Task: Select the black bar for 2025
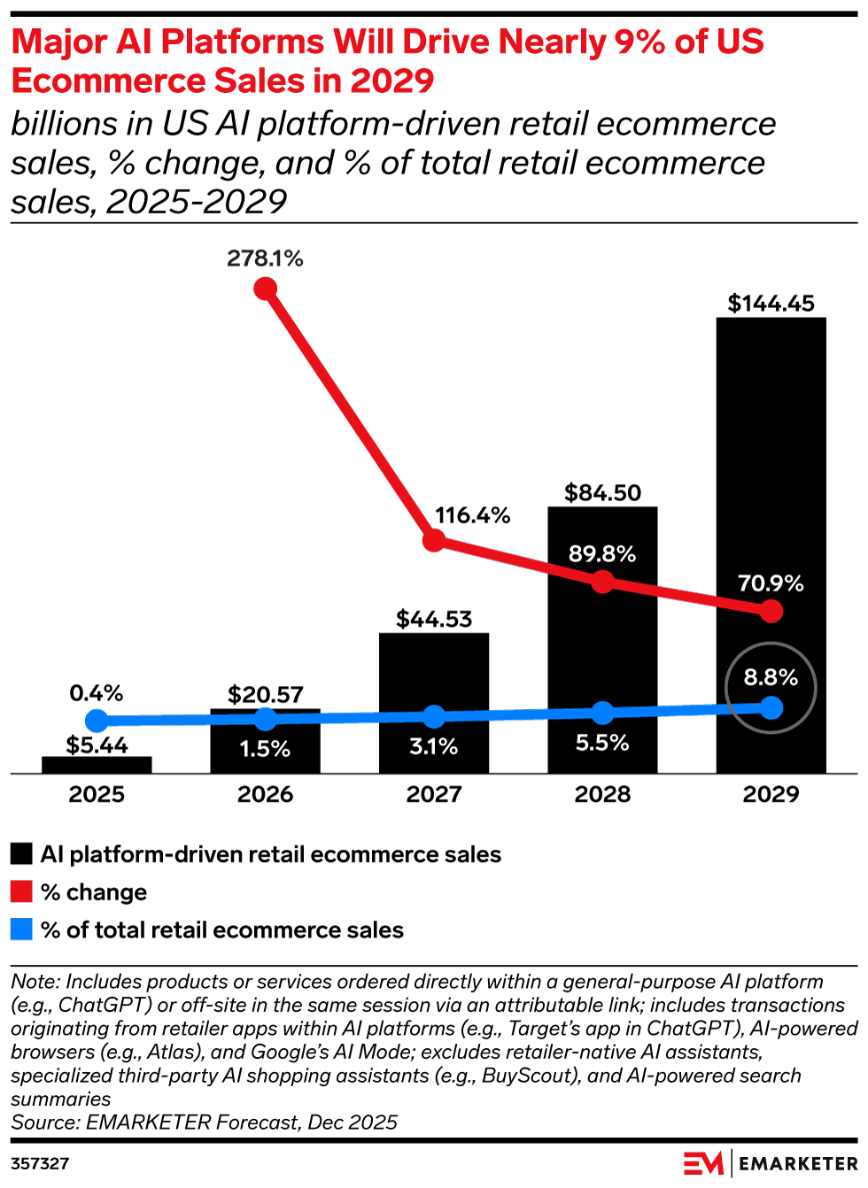97,765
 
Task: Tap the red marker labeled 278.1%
265,289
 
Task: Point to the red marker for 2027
434,540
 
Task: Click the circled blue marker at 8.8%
771,707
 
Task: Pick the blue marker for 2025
97,721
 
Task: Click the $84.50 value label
602,493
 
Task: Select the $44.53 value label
434,619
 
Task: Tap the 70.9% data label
771,583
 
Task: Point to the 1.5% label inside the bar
265,748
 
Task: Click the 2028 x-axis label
602,794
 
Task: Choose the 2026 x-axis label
265,794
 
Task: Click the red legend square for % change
21,891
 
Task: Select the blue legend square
21,930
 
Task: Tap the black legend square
21,854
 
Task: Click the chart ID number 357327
40,1163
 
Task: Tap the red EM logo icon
703,1163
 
